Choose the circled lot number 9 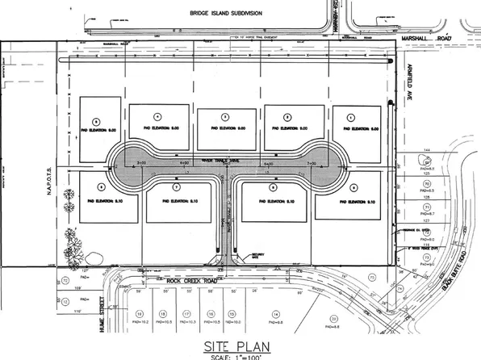click(x=353, y=187)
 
